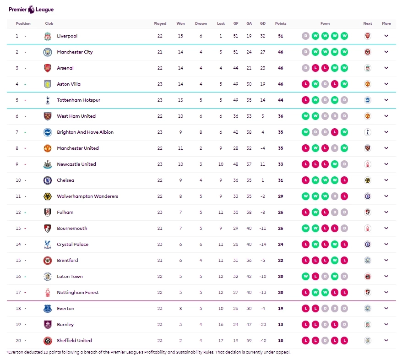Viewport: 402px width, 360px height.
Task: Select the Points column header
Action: point(280,23)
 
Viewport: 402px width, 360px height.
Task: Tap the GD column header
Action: point(262,23)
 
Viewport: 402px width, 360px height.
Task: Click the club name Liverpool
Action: point(67,36)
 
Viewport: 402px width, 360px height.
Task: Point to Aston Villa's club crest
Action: point(48,84)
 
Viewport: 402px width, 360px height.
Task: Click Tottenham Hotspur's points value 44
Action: point(280,100)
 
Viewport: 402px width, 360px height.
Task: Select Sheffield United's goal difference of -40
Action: point(262,341)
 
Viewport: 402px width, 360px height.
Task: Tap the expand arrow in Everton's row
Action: point(386,308)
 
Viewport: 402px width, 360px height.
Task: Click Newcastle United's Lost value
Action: point(221,164)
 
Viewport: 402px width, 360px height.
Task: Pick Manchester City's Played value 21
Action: point(160,52)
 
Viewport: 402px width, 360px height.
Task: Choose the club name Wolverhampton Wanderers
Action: point(87,196)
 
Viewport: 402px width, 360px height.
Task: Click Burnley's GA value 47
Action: point(249,325)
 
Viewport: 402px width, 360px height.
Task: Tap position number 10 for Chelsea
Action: point(18,180)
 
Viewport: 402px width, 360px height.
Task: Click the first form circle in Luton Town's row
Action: point(305,277)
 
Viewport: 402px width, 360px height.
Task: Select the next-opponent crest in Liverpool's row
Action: point(368,36)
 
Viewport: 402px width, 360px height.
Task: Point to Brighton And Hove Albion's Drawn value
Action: point(201,132)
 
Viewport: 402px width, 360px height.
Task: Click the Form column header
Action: point(325,23)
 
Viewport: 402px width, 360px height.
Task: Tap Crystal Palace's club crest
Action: point(48,245)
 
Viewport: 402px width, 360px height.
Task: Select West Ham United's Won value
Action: point(180,116)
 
